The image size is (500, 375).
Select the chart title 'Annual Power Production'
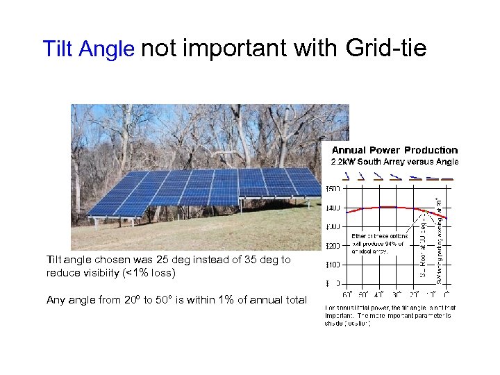point(394,150)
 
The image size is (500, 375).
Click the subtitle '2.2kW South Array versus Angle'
point(394,162)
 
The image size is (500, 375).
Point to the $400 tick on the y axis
point(333,208)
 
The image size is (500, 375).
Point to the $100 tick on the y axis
point(333,265)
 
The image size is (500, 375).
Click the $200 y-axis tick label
point(333,246)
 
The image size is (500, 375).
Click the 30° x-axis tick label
point(397,294)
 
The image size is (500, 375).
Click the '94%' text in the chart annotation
point(398,244)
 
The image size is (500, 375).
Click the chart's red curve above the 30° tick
point(397,207)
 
